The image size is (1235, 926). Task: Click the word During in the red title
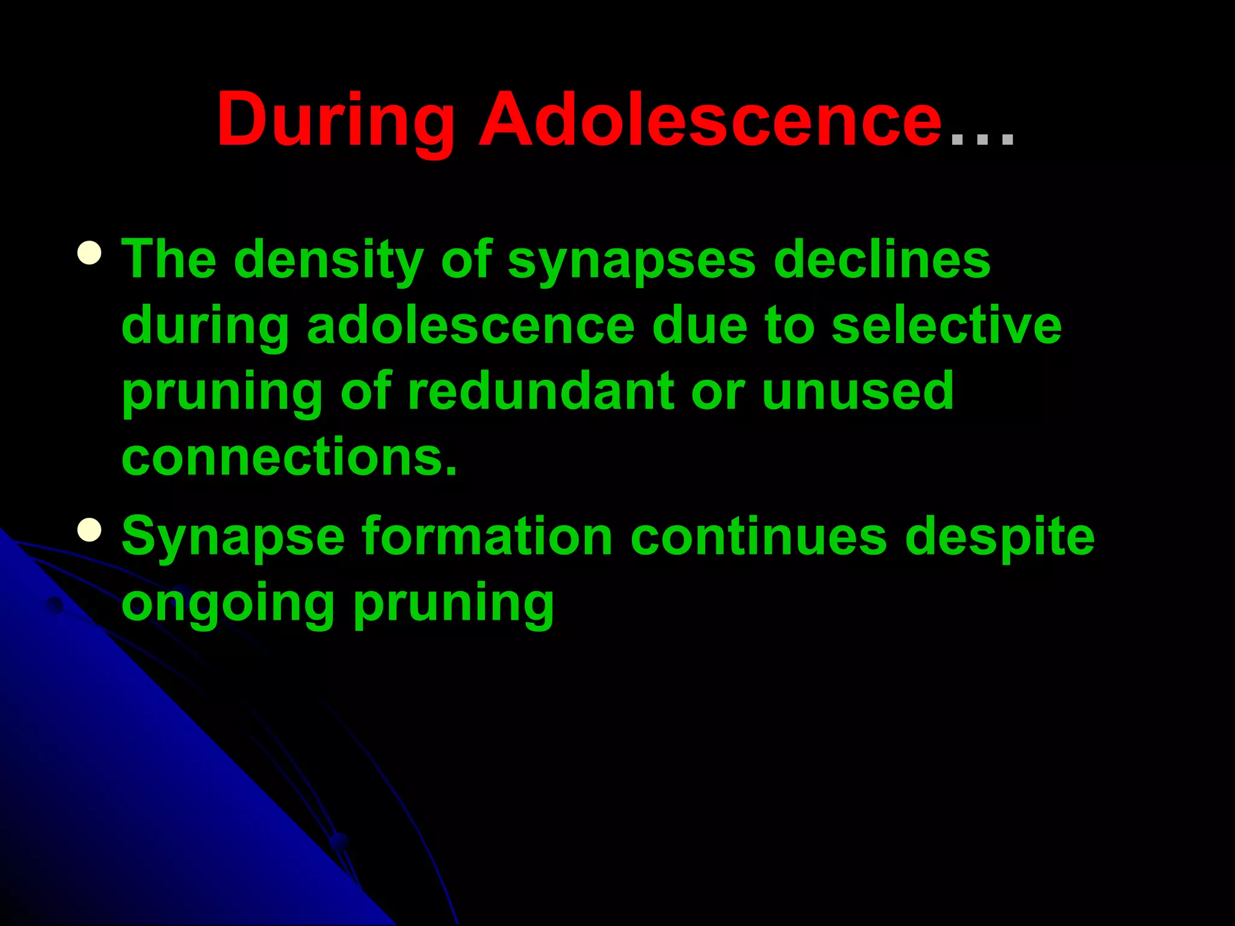click(x=335, y=121)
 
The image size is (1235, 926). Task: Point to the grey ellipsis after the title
click(x=982, y=139)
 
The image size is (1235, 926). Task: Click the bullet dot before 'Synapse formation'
click(x=89, y=530)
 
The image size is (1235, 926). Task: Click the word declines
click(x=882, y=259)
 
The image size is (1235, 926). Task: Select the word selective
click(x=946, y=326)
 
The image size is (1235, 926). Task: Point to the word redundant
click(x=541, y=392)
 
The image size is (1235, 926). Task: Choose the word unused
click(x=858, y=392)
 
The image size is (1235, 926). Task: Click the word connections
click(x=289, y=457)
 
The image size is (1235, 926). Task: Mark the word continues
click(x=759, y=537)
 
